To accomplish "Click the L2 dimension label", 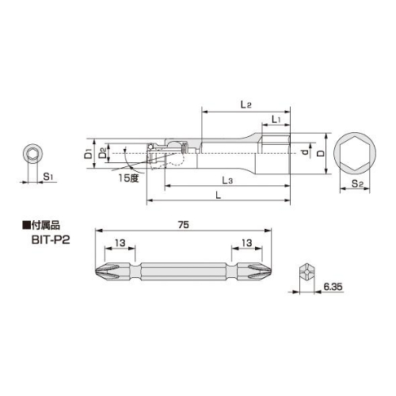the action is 246,105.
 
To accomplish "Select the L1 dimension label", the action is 276,120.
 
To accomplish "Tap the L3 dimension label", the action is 227,181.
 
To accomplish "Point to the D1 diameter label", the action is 89,154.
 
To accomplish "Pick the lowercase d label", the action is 305,152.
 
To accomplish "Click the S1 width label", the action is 48,176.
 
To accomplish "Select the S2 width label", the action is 357,183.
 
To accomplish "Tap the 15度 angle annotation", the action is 128,178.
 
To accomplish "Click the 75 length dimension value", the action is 184,225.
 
